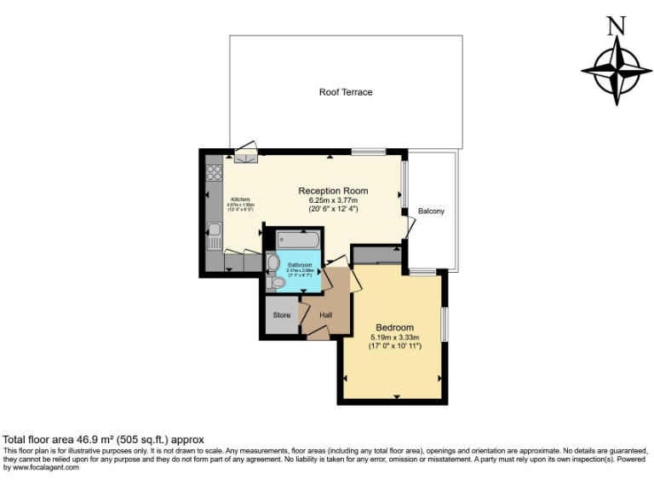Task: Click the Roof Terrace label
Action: click(x=345, y=92)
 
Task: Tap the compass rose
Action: click(x=611, y=71)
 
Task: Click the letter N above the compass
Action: click(x=611, y=26)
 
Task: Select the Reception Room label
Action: click(x=333, y=191)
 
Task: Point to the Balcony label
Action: click(x=431, y=211)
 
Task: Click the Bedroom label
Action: click(x=394, y=327)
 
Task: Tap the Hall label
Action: click(x=325, y=315)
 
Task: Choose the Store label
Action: click(x=281, y=315)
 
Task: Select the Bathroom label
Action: click(x=300, y=265)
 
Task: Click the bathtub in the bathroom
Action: click(x=297, y=240)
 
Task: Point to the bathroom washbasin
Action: click(x=272, y=263)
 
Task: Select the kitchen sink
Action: click(x=214, y=230)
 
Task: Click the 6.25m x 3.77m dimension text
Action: click(x=333, y=200)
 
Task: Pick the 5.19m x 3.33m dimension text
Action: click(x=394, y=337)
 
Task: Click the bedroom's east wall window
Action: click(x=444, y=326)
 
